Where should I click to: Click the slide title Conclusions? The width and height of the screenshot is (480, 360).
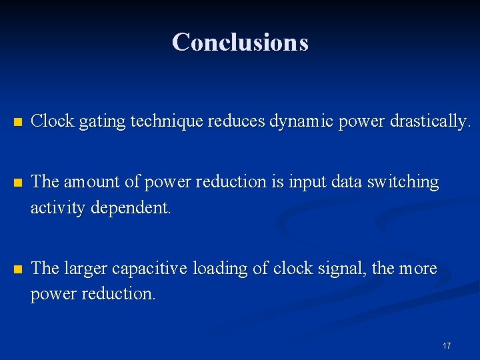240,42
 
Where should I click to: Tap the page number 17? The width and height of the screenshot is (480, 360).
447,345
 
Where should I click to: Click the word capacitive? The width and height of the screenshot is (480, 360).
150,269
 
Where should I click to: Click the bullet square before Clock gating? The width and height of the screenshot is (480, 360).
18,123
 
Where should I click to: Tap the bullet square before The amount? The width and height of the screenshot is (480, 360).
18,183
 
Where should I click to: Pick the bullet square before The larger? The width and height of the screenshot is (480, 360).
18,269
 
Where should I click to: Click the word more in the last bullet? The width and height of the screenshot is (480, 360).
419,269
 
